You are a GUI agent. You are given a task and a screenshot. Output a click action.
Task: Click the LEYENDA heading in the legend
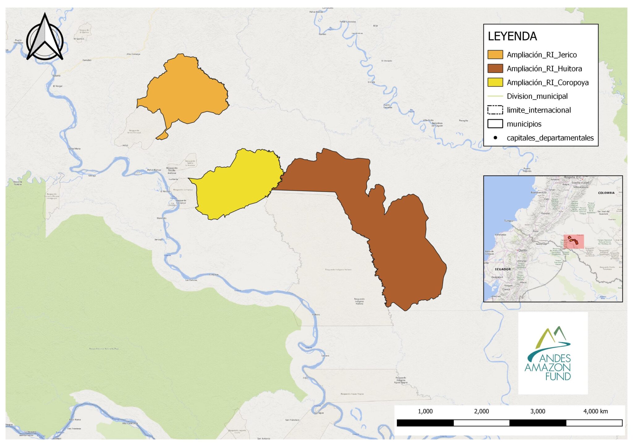(x=512, y=36)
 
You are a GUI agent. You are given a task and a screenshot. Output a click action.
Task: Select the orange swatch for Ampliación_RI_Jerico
(x=495, y=55)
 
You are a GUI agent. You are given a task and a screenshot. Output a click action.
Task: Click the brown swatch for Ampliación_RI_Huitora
(x=495, y=69)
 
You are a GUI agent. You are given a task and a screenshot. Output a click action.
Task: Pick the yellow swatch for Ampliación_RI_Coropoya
(x=495, y=82)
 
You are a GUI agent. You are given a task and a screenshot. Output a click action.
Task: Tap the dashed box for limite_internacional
(x=495, y=110)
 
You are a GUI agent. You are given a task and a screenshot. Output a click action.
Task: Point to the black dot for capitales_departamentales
(x=495, y=138)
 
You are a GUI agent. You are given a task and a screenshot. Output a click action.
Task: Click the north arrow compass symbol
(x=45, y=39)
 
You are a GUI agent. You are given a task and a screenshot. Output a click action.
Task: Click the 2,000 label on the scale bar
(x=481, y=411)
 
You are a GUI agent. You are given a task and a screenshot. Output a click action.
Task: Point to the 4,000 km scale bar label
(x=595, y=411)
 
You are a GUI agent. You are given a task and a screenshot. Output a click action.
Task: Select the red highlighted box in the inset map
(x=574, y=241)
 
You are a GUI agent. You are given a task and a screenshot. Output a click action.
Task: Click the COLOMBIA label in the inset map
(x=606, y=193)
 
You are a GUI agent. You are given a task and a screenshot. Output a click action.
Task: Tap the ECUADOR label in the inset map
(x=503, y=269)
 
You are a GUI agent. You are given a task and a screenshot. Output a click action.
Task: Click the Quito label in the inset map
(x=522, y=250)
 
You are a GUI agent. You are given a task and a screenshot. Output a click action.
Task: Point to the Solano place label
(x=57, y=76)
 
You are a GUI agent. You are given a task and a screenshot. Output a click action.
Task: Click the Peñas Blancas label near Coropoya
(x=154, y=170)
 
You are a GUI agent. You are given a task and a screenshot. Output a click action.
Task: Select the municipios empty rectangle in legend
(x=495, y=124)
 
